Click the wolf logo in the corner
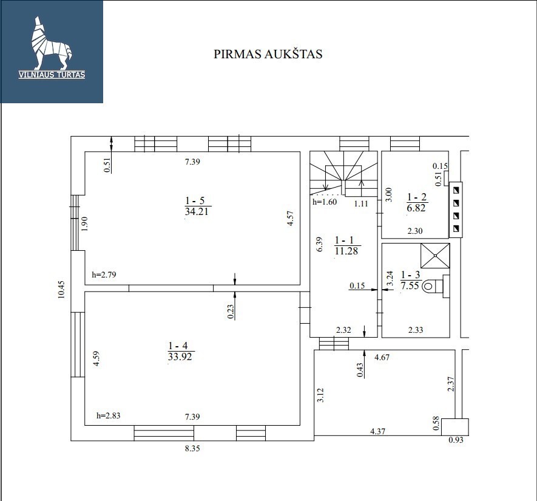point(52,43)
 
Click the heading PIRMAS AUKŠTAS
point(268,54)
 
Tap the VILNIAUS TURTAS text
point(52,75)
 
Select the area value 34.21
point(197,211)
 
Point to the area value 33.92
point(180,356)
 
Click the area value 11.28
point(346,251)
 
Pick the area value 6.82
point(416,208)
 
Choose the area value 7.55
point(410,285)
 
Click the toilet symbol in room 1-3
point(436,286)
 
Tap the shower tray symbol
point(435,256)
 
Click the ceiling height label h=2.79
point(104,274)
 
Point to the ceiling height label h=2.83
point(108,415)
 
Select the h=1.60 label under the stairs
point(324,202)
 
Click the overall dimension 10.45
point(61,290)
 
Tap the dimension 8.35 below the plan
point(192,448)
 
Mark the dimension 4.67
point(382,357)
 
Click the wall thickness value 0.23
point(231,312)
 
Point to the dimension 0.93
point(456,440)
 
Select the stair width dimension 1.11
point(361,203)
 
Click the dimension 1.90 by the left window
point(85,223)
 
